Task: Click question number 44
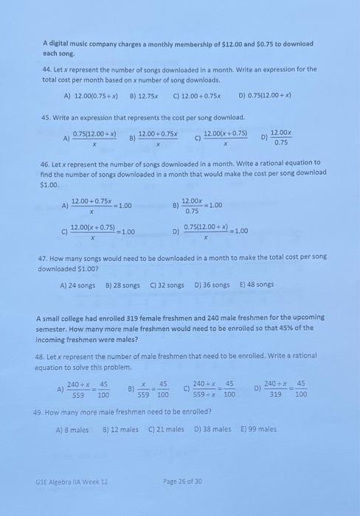coord(47,69)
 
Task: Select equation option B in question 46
coord(196,206)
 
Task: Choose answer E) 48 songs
coord(256,285)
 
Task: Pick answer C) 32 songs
coord(167,285)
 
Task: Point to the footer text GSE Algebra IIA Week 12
coord(72,481)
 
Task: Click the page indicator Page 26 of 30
coord(182,481)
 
